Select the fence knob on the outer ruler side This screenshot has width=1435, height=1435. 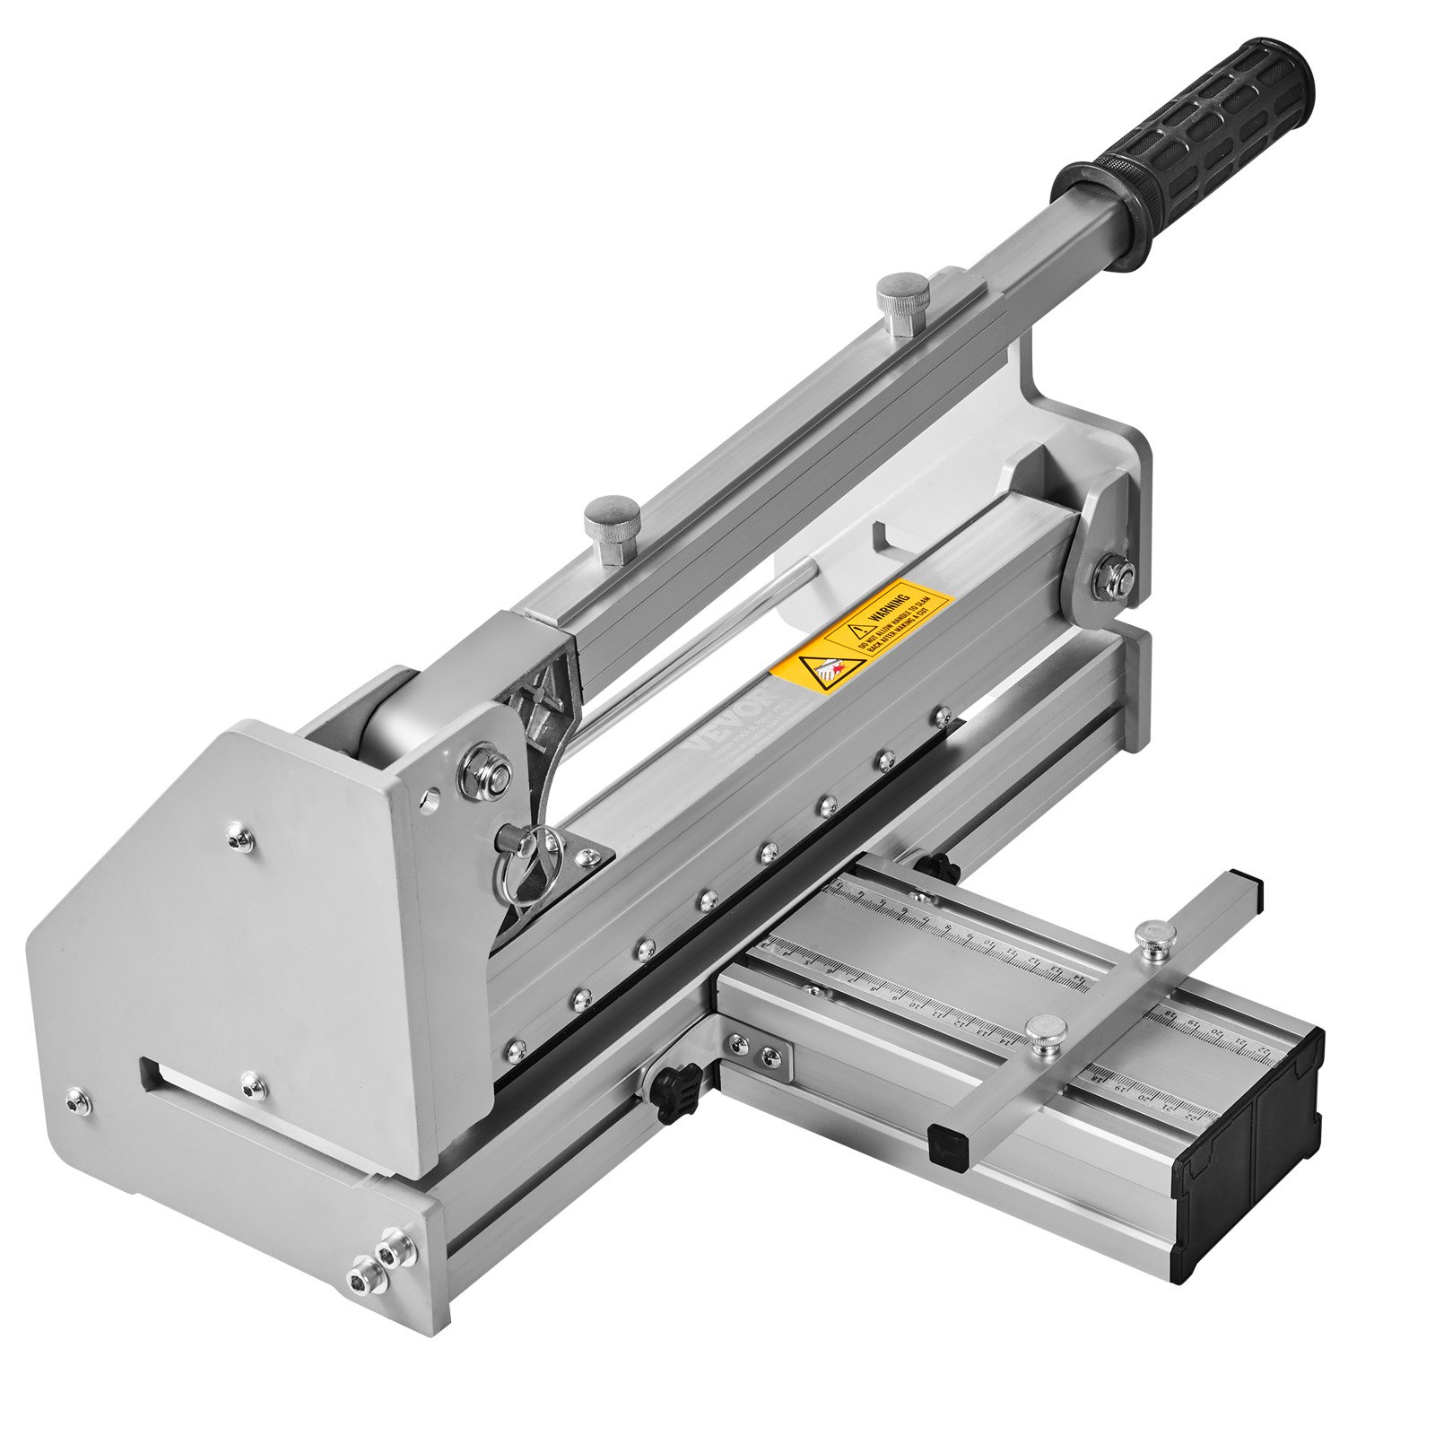click(x=1042, y=1030)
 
